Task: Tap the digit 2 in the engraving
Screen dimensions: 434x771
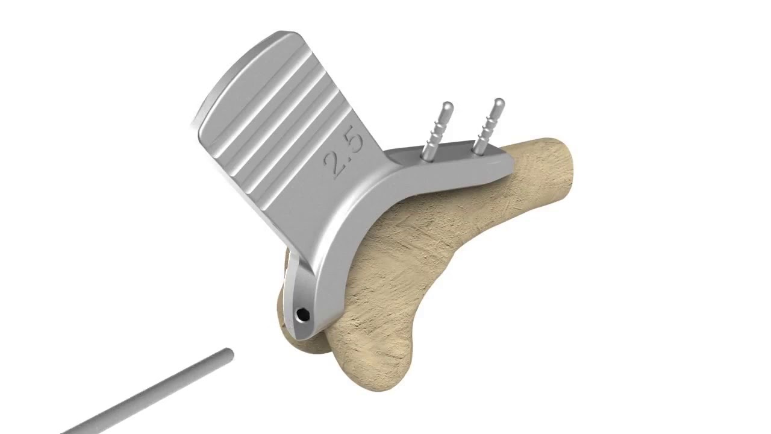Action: coord(336,163)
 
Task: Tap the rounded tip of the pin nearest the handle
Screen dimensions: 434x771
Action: coord(447,107)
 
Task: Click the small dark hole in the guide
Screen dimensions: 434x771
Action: coord(302,313)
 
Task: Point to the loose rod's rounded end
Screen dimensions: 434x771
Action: coord(227,355)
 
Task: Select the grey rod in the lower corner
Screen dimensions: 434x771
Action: coord(151,395)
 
